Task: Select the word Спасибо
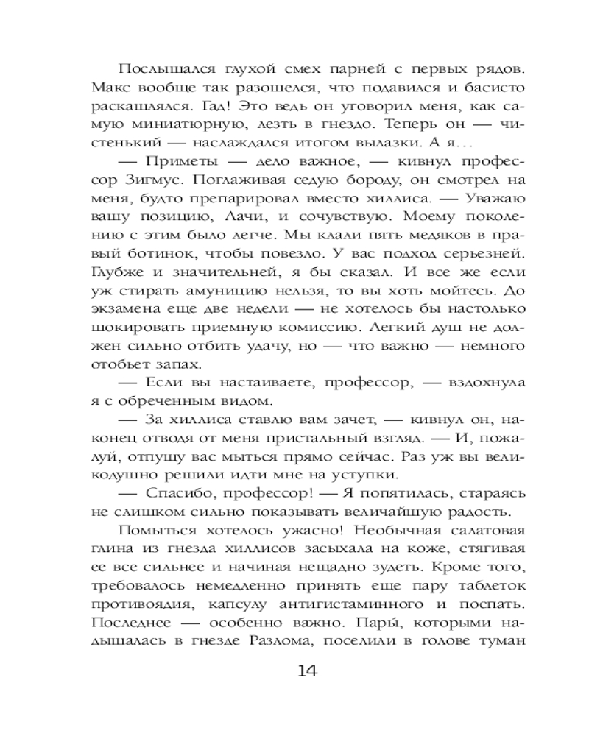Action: click(x=182, y=489)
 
